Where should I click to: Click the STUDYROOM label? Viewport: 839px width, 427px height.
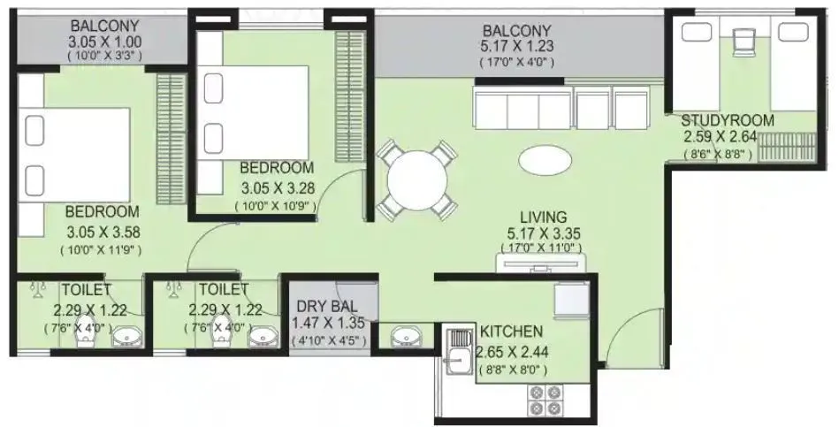728,120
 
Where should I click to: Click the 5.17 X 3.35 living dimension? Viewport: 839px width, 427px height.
543,234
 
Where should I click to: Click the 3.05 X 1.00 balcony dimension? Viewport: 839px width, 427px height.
105,41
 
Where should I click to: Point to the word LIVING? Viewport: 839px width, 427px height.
543,217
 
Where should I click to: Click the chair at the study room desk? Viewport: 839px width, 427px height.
744,39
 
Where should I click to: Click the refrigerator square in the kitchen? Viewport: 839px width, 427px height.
570,300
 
